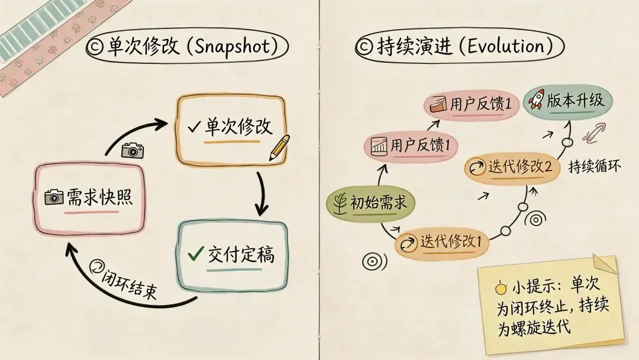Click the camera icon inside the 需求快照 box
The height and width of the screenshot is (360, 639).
click(x=54, y=197)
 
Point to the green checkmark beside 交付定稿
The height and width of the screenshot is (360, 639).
click(x=195, y=254)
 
